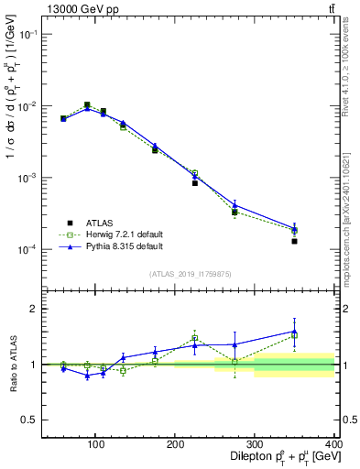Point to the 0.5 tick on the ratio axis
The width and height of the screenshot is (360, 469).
coord(30,420)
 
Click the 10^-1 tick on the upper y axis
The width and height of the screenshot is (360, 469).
coord(27,34)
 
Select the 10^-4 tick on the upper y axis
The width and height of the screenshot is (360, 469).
coord(27,250)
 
